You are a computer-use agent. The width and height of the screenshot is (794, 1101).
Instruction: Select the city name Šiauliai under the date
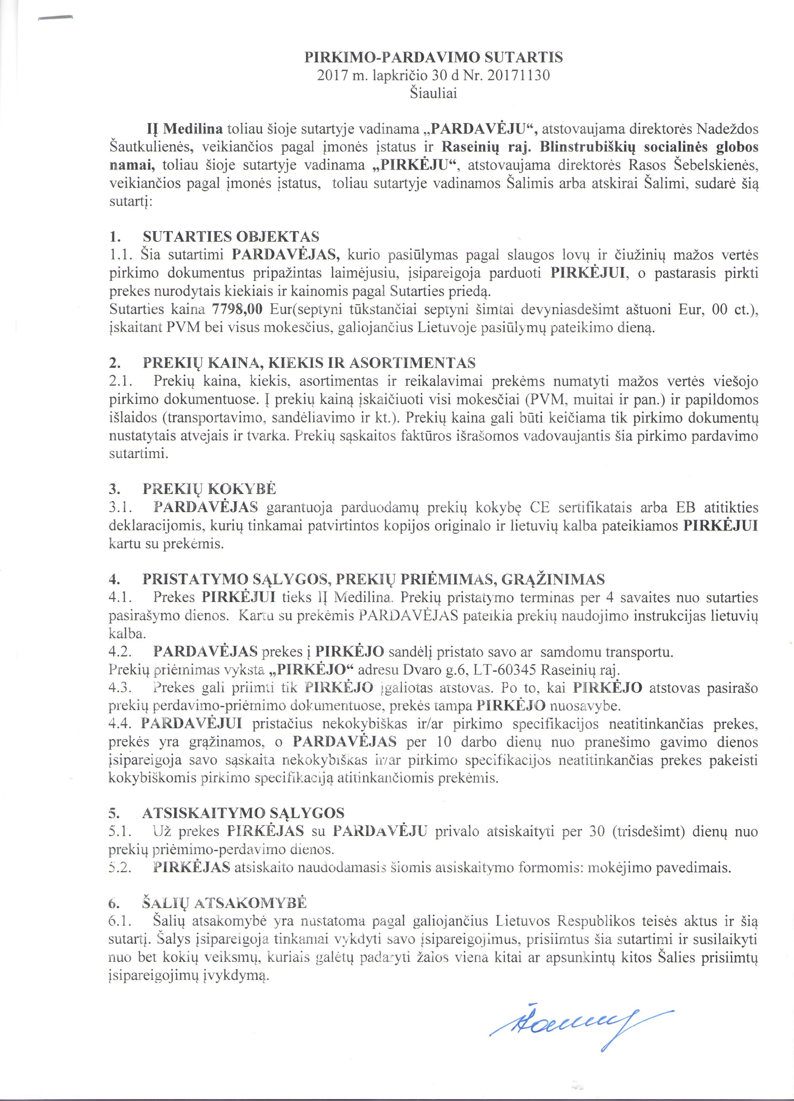[433, 94]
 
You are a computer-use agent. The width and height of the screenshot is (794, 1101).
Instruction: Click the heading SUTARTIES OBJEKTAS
[231, 237]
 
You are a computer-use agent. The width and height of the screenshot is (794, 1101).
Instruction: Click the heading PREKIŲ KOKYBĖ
[209, 488]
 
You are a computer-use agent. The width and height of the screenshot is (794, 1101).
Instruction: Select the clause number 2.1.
[118, 381]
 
